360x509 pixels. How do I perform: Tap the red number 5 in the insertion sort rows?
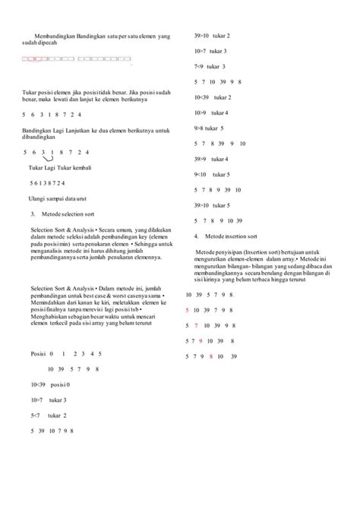(188, 310)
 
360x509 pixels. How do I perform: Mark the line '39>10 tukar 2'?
(212, 36)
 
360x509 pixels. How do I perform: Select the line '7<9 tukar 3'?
(210, 66)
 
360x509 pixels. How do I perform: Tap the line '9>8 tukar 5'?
(209, 128)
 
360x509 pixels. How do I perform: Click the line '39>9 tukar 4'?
(212, 159)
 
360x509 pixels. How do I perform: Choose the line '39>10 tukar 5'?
(212, 205)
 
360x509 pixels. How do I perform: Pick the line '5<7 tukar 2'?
(49, 416)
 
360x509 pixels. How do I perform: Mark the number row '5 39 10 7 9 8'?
(51, 431)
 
